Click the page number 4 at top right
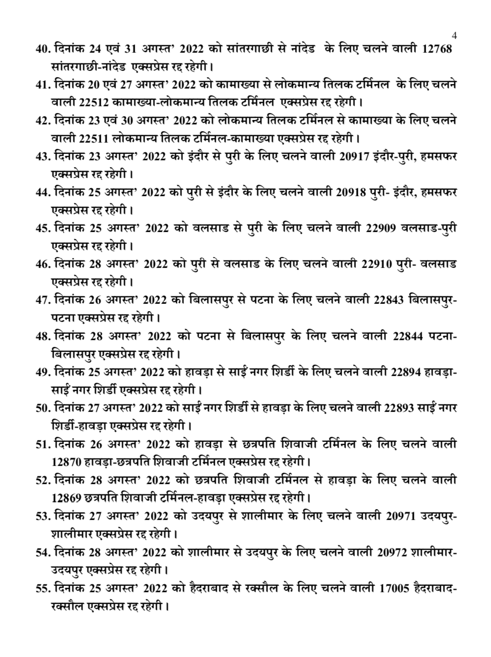pos(454,35)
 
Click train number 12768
pos(436,50)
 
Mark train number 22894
pos(406,371)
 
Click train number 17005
pos(395,588)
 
